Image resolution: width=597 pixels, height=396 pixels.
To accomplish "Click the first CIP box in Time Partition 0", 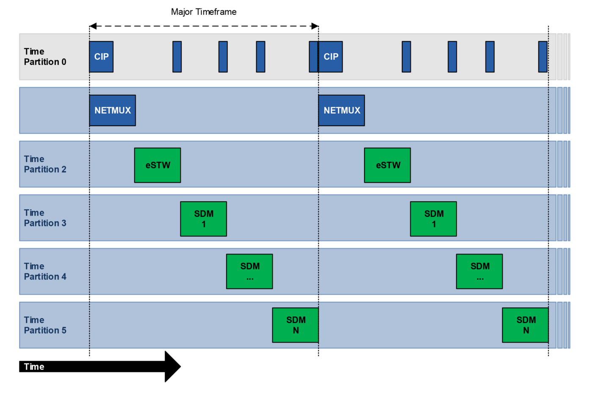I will coord(101,57).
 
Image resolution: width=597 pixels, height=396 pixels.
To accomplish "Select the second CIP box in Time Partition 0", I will coord(331,57).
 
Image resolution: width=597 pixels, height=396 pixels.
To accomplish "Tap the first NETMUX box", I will coord(113,111).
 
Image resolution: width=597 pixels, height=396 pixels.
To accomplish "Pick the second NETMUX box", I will coord(342,111).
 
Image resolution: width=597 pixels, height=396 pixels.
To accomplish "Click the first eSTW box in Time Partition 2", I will coord(158,165).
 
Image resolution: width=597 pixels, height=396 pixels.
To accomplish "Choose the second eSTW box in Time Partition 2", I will coord(387,165).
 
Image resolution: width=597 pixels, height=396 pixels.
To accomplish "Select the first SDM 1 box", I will coord(204,219).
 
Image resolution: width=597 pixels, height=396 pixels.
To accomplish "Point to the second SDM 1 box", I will coord(434,219).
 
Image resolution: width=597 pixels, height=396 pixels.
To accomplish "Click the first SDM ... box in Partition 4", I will coord(249,271).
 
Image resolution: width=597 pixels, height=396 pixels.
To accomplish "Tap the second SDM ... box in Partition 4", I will coord(479,271).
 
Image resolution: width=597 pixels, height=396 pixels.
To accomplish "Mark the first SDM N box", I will coord(296,325).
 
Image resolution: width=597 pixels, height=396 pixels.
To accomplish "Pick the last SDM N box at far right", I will coord(525,325).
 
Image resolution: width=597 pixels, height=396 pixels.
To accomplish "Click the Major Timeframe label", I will coord(204,12).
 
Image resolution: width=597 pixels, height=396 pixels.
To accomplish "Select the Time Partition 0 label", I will coord(45,57).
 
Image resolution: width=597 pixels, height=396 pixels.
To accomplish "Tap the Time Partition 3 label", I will coord(45,218).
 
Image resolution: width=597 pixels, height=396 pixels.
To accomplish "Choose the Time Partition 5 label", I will coord(45,325).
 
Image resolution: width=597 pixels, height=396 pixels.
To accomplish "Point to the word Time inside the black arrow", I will coord(34,367).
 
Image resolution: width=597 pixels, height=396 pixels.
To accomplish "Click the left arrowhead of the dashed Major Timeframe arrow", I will coord(93,26).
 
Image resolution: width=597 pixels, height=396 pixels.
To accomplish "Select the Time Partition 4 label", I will coord(45,271).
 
